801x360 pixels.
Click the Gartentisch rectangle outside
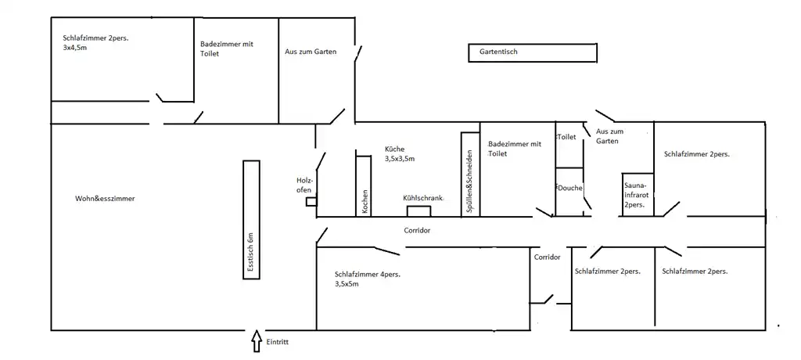(x=533, y=52)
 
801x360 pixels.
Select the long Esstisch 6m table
(x=250, y=218)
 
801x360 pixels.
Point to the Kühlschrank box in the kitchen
(x=418, y=210)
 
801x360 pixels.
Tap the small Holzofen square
(x=311, y=201)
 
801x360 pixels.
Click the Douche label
(x=569, y=189)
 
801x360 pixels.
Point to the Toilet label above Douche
(x=566, y=137)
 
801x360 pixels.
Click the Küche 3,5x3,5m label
(x=399, y=153)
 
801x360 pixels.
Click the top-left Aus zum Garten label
(x=311, y=52)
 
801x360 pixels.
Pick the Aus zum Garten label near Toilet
(x=609, y=136)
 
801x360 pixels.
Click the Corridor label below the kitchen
(x=417, y=231)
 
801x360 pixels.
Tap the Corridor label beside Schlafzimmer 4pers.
(x=547, y=257)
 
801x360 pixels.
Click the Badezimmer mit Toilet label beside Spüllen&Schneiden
(x=514, y=149)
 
